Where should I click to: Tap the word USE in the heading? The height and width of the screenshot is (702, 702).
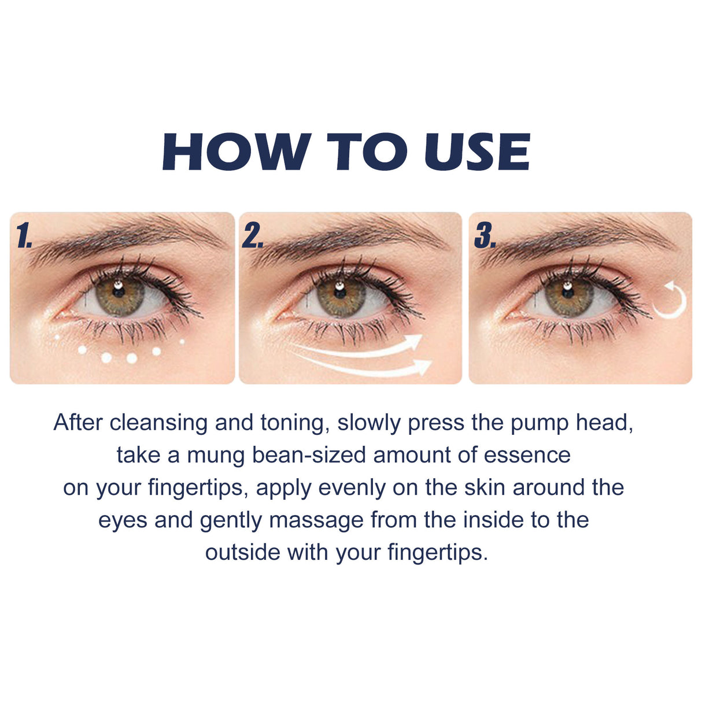coord(476,152)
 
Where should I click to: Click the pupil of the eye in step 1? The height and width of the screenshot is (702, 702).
coord(119,294)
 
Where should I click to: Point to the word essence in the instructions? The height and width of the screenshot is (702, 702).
coord(527,455)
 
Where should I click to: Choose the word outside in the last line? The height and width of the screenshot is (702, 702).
coord(243,552)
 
